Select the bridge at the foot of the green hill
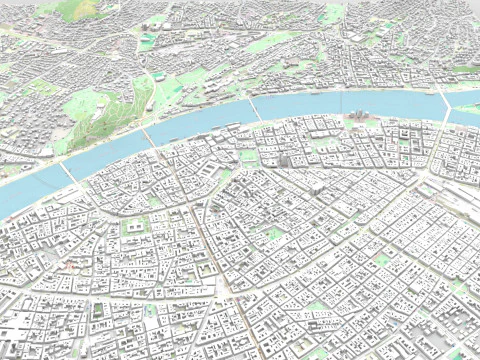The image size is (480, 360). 149,136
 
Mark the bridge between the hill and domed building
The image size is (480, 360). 256,109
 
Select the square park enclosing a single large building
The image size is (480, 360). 136,226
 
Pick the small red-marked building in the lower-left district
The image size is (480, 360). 72,267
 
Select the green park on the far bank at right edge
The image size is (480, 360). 466,69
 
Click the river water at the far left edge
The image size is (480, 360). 8,200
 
